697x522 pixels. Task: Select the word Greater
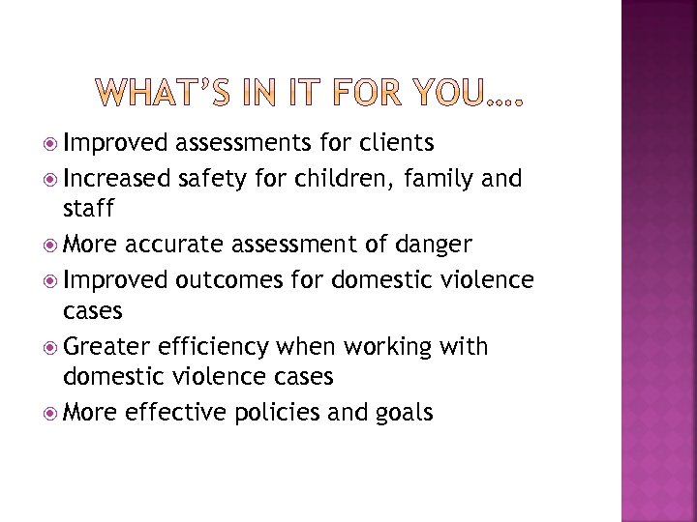point(105,347)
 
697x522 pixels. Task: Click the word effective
point(172,414)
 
